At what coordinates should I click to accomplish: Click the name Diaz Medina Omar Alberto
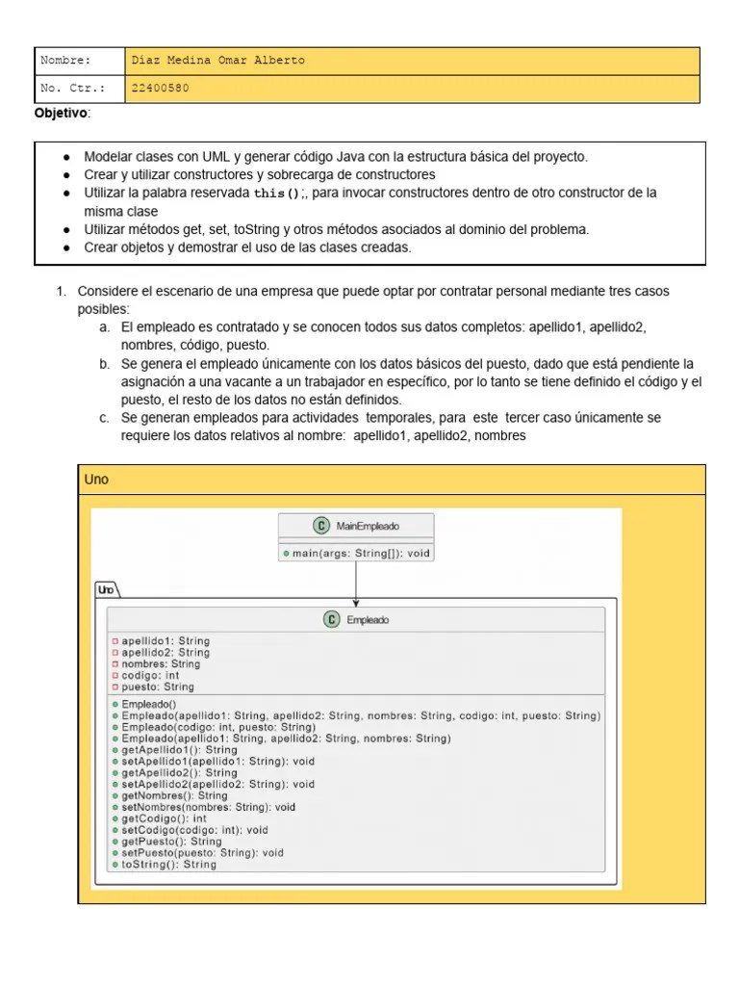click(x=218, y=61)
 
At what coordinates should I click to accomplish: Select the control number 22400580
click(x=160, y=89)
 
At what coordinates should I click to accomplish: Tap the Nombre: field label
click(x=65, y=61)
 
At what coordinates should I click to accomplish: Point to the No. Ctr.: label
click(x=67, y=89)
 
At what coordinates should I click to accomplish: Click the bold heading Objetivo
click(x=62, y=114)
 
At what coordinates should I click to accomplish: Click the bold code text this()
click(x=277, y=194)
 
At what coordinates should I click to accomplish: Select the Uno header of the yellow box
click(x=97, y=480)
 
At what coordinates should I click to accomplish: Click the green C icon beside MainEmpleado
click(x=320, y=526)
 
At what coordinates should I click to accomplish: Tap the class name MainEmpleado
click(x=368, y=526)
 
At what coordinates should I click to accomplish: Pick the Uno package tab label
click(x=106, y=588)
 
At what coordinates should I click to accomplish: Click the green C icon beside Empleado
click(x=331, y=620)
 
